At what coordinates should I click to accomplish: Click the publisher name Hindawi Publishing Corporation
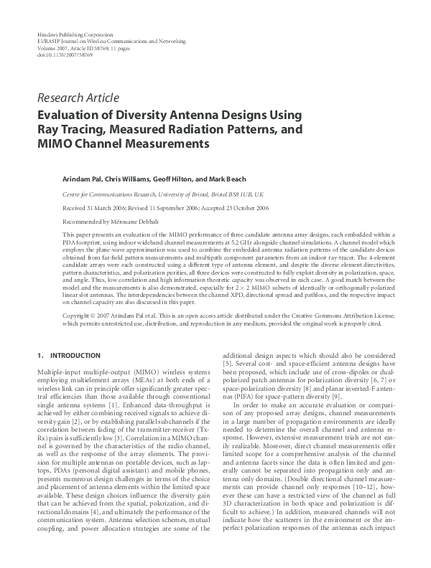pyautogui.click(x=74, y=34)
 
